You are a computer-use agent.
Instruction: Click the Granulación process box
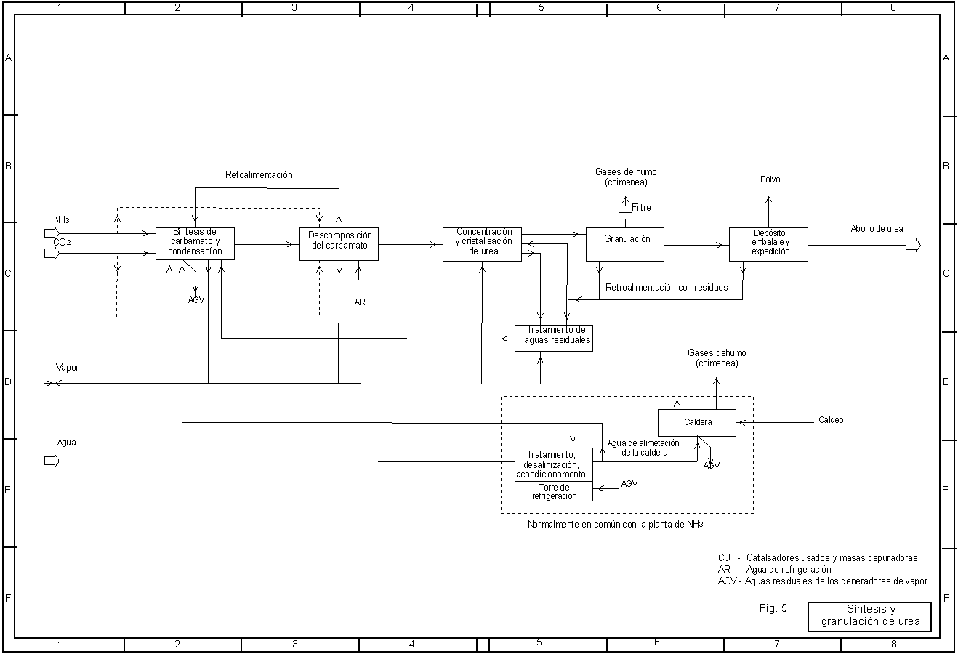[x=624, y=244]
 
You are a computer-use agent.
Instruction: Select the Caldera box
[x=696, y=422]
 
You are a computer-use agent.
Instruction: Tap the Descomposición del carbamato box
[x=339, y=244]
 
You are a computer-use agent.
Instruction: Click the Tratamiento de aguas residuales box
[x=553, y=338]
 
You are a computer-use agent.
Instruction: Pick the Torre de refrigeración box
[x=554, y=491]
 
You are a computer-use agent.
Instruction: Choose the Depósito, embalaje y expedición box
[x=768, y=245]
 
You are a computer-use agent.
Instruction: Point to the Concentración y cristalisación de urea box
[x=482, y=244]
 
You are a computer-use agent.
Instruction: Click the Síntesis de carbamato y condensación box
[x=195, y=243]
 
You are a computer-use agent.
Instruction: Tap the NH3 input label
[x=61, y=219]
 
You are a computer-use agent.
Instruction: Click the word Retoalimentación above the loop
[x=259, y=175]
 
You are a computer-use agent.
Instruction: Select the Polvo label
[x=770, y=179]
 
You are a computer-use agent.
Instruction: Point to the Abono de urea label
[x=877, y=229]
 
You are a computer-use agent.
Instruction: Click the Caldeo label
[x=831, y=420]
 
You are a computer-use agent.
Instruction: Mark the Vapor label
[x=67, y=368]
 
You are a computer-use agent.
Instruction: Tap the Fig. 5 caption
[x=773, y=608]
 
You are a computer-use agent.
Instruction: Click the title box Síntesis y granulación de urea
[x=869, y=616]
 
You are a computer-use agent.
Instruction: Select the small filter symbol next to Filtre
[x=624, y=212]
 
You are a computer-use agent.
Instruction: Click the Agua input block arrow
[x=52, y=461]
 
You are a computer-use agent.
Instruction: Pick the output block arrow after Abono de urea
[x=913, y=246]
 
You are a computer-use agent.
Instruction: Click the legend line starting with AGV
[x=822, y=581]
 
